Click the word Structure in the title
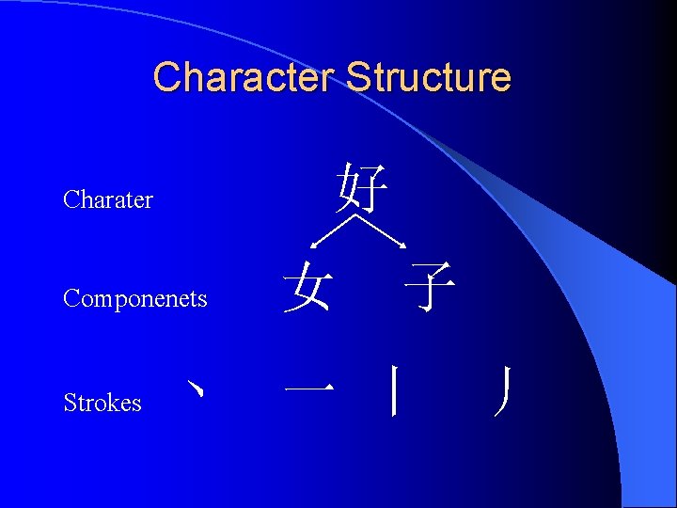point(429,77)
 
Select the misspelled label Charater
point(107,199)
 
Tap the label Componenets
point(134,299)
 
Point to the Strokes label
point(102,403)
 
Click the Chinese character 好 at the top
point(362,188)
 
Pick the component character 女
point(309,288)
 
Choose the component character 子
point(431,288)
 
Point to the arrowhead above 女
point(316,247)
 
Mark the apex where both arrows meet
point(360,215)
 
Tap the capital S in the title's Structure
point(356,77)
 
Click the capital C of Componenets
point(70,299)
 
